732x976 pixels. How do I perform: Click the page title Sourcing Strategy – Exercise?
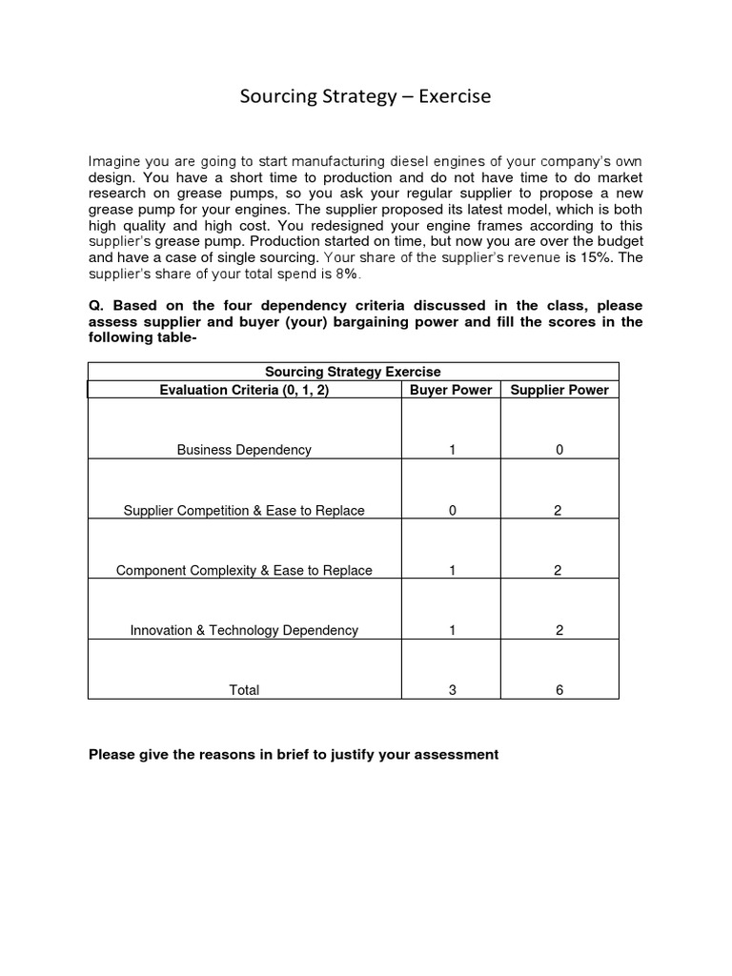pos(365,96)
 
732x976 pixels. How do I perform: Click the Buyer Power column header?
pos(451,390)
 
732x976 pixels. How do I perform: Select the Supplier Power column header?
pos(559,390)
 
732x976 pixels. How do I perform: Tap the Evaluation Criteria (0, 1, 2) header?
pos(244,390)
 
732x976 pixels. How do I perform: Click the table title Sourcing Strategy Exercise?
pos(353,372)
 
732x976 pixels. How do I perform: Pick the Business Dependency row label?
pos(244,450)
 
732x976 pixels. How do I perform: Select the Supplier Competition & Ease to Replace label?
pos(244,511)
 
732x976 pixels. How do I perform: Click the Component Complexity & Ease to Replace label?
pos(244,571)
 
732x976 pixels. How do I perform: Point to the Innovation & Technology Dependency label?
pos(244,630)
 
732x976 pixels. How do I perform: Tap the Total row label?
pos(244,690)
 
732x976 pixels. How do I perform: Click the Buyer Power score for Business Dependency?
pos(452,450)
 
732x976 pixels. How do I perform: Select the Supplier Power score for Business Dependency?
pos(559,450)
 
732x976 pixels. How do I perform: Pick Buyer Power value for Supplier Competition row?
pos(452,511)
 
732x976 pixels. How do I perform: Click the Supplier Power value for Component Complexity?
pos(559,571)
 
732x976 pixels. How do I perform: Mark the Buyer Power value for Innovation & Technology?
pos(452,630)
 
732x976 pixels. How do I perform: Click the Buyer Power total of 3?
pos(452,690)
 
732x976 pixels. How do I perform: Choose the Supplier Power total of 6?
pos(559,690)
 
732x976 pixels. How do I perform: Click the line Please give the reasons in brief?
pos(294,755)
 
